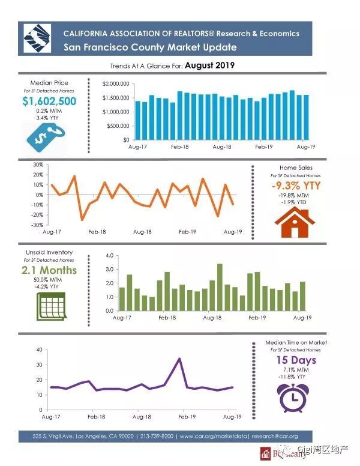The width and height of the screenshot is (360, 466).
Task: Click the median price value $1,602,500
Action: pyautogui.click(x=49, y=101)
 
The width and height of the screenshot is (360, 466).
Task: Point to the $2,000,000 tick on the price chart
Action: pyautogui.click(x=116, y=83)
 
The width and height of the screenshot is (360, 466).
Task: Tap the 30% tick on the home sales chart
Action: pyautogui.click(x=37, y=165)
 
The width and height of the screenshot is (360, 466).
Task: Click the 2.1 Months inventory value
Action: pyautogui.click(x=49, y=270)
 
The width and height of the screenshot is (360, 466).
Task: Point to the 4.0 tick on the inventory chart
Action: pyautogui.click(x=109, y=255)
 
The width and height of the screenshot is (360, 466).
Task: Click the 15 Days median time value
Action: pyautogui.click(x=296, y=360)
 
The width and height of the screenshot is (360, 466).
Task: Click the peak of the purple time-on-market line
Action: pyautogui.click(x=179, y=359)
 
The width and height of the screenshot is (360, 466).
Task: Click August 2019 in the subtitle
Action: pyautogui.click(x=209, y=65)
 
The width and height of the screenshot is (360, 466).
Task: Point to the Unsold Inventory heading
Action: pyautogui.click(x=49, y=253)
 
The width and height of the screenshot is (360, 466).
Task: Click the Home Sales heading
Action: pyautogui.click(x=296, y=168)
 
